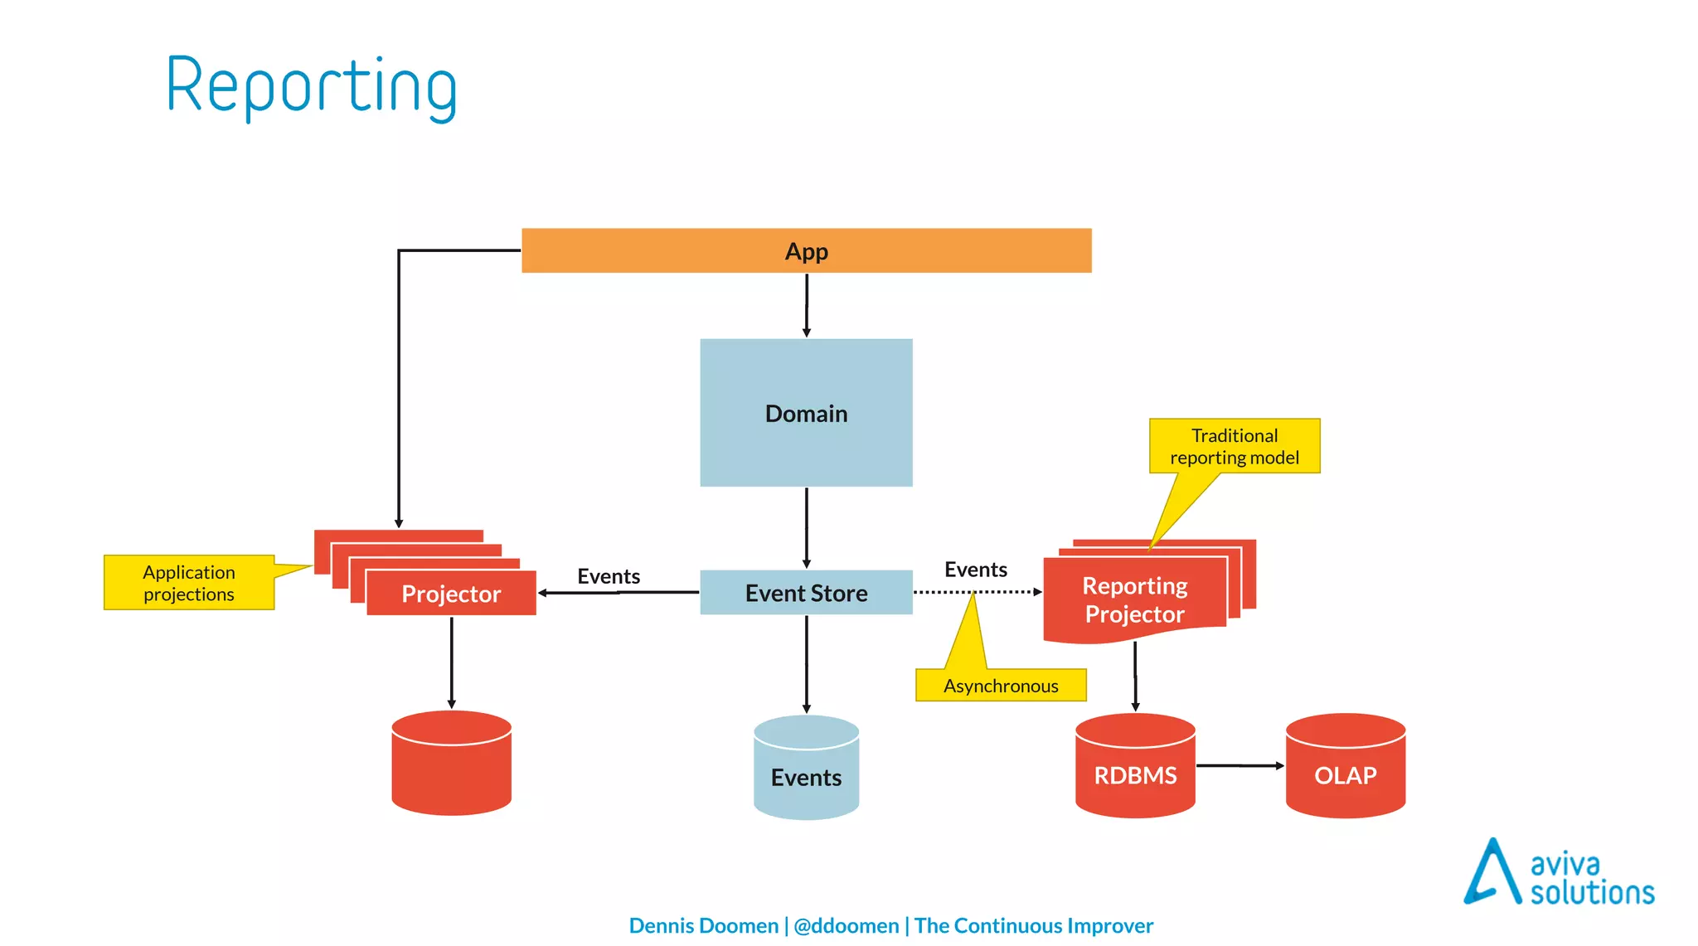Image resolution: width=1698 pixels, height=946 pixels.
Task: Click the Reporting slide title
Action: pos(312,86)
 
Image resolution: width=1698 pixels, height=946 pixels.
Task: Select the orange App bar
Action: pos(806,250)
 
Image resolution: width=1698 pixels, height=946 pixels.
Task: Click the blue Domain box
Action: pos(806,413)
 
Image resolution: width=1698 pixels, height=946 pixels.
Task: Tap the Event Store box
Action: pos(806,593)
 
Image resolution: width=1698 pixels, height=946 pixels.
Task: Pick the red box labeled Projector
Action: pos(451,594)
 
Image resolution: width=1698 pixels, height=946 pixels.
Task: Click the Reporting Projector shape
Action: pos(1134,600)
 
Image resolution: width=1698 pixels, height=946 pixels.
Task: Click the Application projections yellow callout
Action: pos(189,583)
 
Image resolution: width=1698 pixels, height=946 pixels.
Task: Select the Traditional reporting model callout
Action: pos(1234,446)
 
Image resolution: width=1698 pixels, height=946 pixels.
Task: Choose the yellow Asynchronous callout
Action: pos(1001,685)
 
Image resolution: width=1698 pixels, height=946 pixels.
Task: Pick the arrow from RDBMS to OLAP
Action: pos(1240,765)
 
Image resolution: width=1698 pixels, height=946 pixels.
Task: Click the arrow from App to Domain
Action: pos(806,304)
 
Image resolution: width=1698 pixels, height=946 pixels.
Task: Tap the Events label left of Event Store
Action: pos(609,576)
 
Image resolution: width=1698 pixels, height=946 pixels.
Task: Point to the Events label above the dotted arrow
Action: pos(975,570)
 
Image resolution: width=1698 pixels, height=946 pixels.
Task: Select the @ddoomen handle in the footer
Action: pos(846,925)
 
